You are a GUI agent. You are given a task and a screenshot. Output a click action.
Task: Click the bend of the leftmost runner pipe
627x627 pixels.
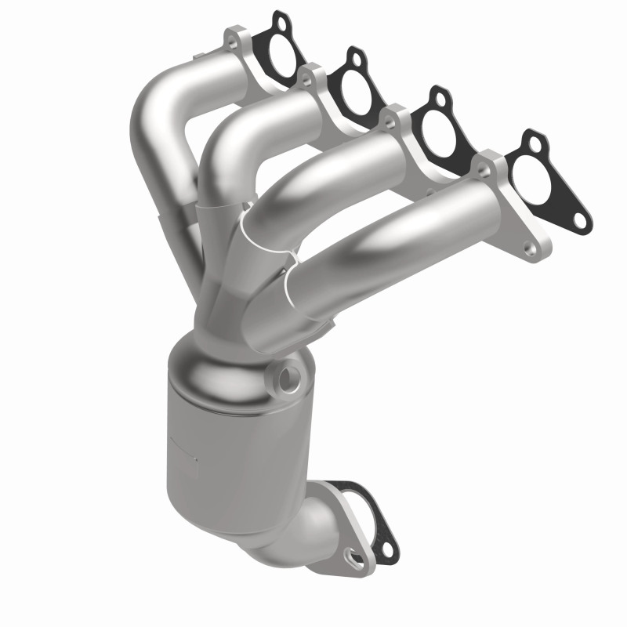[157, 110]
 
